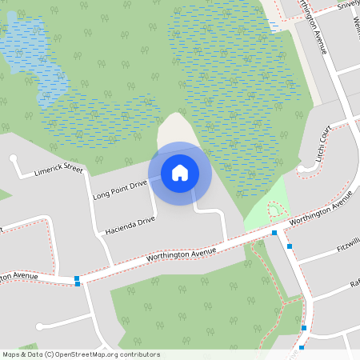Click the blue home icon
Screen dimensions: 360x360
[180, 173]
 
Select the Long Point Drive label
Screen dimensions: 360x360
[120, 190]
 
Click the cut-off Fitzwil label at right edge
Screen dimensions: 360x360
[349, 243]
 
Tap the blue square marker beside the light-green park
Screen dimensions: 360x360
[274, 233]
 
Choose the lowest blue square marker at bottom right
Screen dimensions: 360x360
[302, 347]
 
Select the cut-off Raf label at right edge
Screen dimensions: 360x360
[354, 284]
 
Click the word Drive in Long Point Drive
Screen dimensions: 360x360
[138, 185]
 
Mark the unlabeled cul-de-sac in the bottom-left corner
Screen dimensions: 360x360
[39, 326]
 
